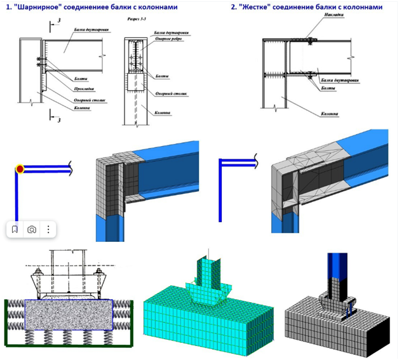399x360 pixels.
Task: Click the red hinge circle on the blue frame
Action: [20, 169]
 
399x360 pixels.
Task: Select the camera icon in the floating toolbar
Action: [32, 230]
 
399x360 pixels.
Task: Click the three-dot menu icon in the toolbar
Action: [49, 230]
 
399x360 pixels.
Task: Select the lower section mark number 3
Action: [58, 119]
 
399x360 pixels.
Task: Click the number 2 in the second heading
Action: [233, 8]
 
